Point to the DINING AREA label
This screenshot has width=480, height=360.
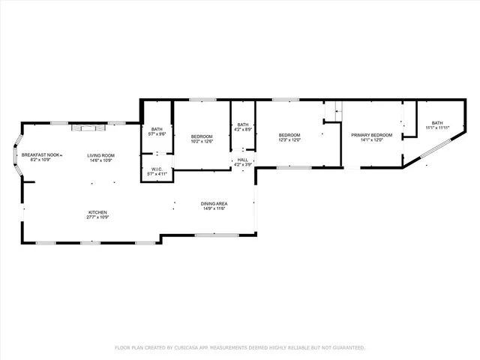pyautogui.click(x=214, y=204)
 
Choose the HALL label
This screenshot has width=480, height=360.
pyautogui.click(x=243, y=160)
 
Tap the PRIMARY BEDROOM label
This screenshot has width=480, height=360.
pyautogui.click(x=368, y=134)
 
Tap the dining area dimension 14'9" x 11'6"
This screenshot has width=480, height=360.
pyautogui.click(x=214, y=209)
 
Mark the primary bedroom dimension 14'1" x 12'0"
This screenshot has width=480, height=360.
pyautogui.click(x=368, y=139)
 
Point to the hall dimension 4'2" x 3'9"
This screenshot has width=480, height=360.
pyautogui.click(x=243, y=164)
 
